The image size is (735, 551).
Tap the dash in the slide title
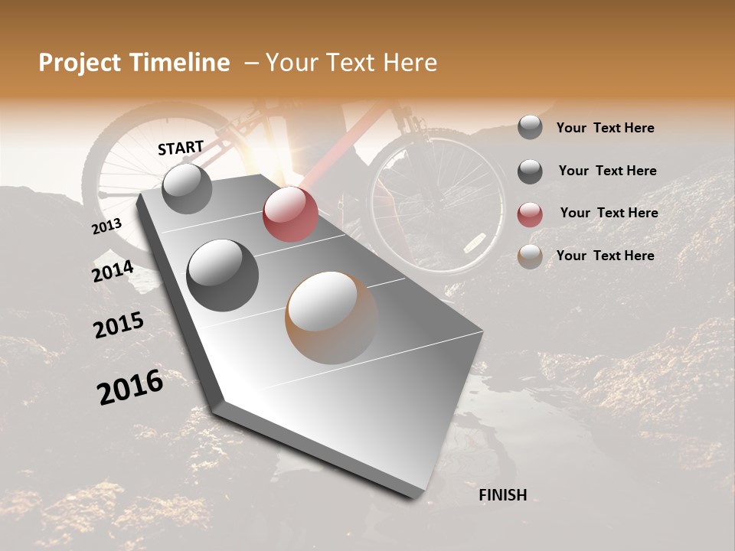tap(251, 63)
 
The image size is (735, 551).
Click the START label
tap(181, 148)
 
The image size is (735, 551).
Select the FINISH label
tap(502, 495)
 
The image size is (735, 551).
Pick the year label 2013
tap(106, 227)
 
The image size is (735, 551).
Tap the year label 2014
tap(113, 271)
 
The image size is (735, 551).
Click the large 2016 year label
tap(130, 386)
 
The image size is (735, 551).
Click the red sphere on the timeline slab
tap(290, 214)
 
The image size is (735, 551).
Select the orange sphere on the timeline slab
tap(332, 317)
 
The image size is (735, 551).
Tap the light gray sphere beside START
tap(187, 188)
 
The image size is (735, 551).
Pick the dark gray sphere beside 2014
tap(222, 275)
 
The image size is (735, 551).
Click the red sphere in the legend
tap(530, 214)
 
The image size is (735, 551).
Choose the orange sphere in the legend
tap(530, 256)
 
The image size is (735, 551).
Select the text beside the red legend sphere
tap(609, 213)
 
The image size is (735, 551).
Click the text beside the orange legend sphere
tap(605, 256)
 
